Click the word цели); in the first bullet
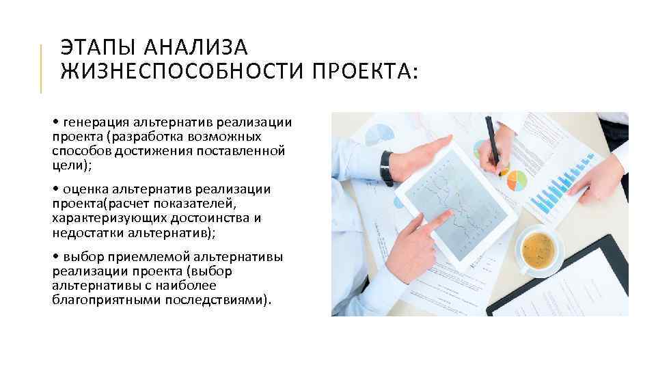click(x=72, y=166)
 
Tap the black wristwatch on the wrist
click(x=387, y=168)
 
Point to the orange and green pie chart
click(x=516, y=180)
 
